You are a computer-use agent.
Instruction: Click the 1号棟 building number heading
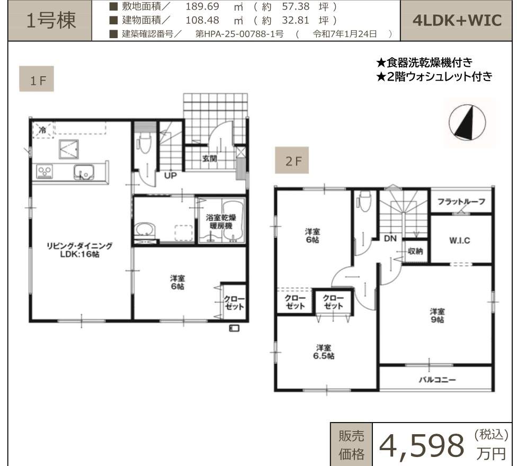51,20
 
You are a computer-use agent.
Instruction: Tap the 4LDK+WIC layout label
457,21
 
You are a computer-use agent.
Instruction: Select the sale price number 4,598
422,445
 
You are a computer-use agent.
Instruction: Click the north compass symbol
467,122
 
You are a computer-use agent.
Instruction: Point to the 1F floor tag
37,79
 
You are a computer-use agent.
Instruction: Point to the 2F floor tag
292,160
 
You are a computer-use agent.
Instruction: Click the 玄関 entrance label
210,158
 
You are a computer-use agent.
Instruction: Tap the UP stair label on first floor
170,175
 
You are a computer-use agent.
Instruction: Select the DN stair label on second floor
390,238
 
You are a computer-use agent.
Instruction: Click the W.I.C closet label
460,240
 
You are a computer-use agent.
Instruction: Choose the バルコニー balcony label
437,380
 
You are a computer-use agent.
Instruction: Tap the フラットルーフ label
461,201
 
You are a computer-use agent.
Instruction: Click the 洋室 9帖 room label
437,316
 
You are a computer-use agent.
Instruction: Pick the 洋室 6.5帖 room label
324,352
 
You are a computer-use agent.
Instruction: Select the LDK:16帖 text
79,254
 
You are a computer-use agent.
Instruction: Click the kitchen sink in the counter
83,172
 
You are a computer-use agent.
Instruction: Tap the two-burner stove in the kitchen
44,172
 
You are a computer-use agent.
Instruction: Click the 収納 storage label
415,251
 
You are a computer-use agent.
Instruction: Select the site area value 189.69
202,6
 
